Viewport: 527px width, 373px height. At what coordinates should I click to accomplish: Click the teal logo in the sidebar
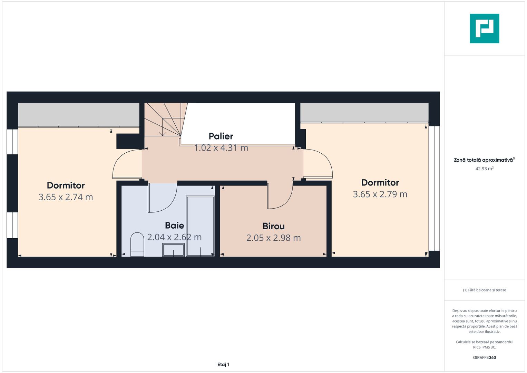(x=484, y=28)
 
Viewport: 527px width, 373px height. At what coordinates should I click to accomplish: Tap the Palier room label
(x=221, y=136)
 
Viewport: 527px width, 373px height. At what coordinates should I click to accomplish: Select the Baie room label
(x=174, y=226)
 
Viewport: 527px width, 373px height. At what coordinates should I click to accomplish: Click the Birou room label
(x=273, y=226)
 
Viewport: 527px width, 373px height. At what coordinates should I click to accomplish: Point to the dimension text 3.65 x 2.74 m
(x=66, y=197)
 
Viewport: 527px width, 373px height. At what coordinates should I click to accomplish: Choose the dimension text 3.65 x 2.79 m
(x=380, y=194)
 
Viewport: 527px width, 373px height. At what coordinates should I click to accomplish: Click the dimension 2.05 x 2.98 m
(x=273, y=238)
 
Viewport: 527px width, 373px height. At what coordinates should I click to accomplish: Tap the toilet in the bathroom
(x=137, y=244)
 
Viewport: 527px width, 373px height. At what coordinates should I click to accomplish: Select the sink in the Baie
(x=173, y=250)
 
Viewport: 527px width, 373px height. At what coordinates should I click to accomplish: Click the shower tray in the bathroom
(x=200, y=226)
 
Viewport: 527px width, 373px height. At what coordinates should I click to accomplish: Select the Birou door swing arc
(x=280, y=197)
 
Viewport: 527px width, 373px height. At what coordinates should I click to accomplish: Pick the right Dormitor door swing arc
(x=318, y=164)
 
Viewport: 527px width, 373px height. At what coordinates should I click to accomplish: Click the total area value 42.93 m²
(x=484, y=169)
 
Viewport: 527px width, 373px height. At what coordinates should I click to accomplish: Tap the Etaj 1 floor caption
(x=223, y=364)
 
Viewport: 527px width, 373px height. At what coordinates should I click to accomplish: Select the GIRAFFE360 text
(x=484, y=357)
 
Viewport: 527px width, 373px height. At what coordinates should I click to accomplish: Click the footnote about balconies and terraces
(x=484, y=290)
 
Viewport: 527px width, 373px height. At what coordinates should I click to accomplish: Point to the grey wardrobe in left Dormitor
(x=78, y=114)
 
